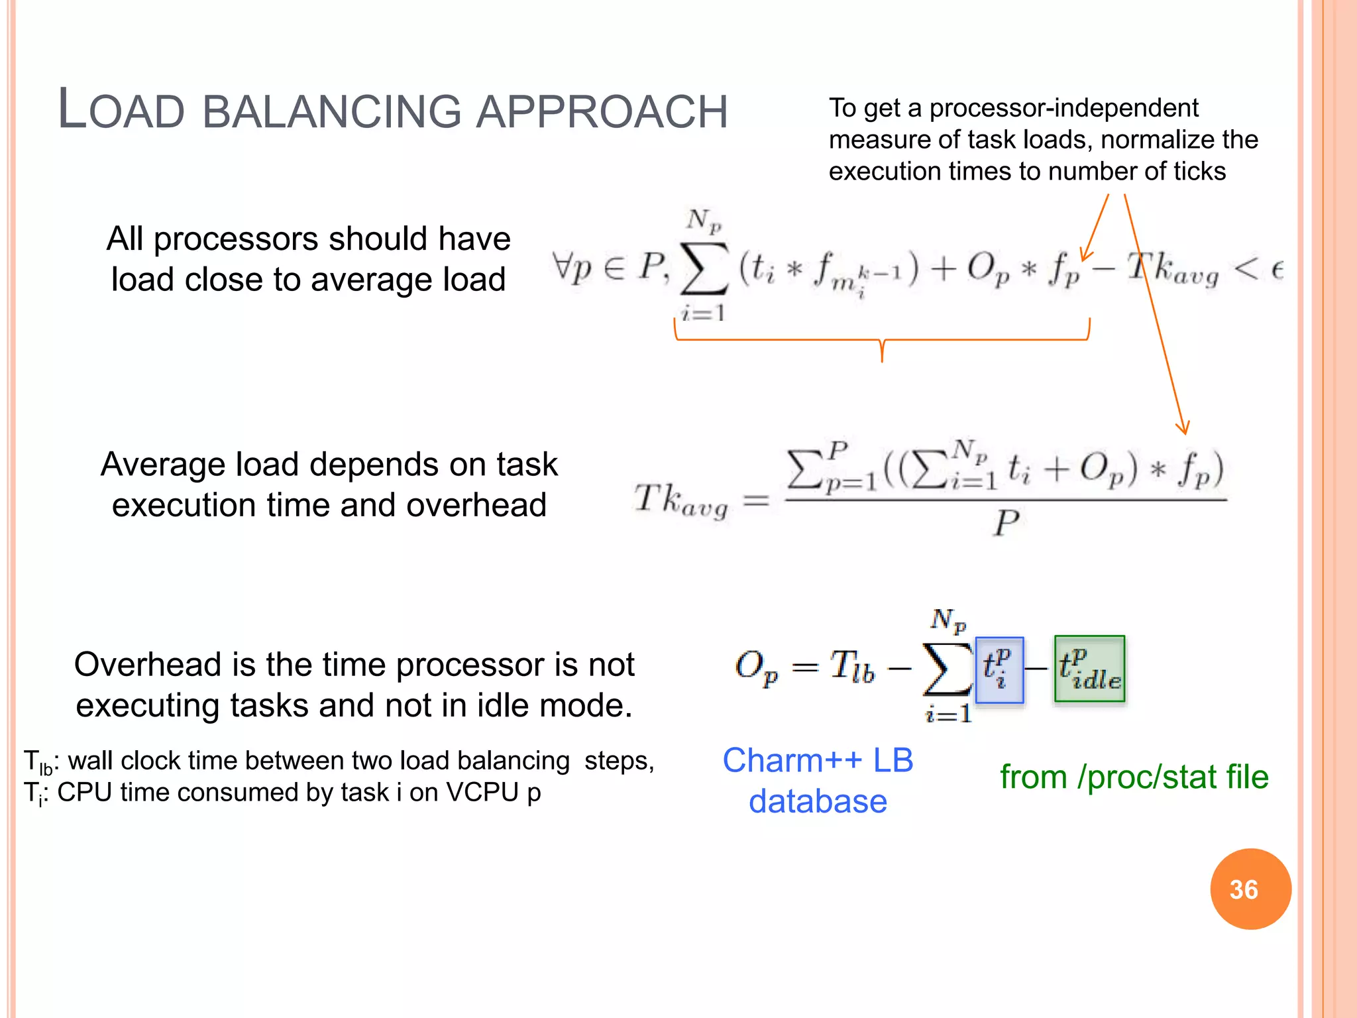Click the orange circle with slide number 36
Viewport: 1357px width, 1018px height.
[1250, 889]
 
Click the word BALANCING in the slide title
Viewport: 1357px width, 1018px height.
[331, 111]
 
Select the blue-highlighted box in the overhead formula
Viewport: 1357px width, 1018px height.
[999, 670]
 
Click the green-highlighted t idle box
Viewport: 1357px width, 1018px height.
[1089, 669]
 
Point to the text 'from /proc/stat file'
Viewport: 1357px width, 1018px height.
[1134, 777]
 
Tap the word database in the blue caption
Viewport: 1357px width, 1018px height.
[818, 801]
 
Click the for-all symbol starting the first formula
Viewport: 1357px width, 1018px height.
[563, 267]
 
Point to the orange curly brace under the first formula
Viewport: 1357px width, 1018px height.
[882, 341]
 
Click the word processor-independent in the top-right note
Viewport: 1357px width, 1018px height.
[1063, 107]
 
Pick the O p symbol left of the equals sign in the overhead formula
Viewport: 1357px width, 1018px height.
[755, 667]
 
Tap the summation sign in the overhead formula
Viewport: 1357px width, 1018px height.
[948, 669]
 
